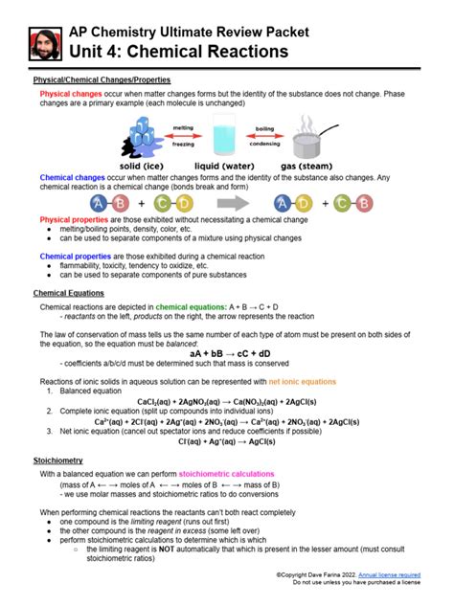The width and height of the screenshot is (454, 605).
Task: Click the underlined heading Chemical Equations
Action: tap(69, 292)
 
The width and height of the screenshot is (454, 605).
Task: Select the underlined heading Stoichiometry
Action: tap(59, 460)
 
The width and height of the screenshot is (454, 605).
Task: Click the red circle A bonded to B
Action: tap(99, 203)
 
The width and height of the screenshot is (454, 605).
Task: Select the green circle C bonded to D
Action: tap(164, 203)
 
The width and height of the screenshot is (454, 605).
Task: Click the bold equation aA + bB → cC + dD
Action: tap(227, 352)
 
